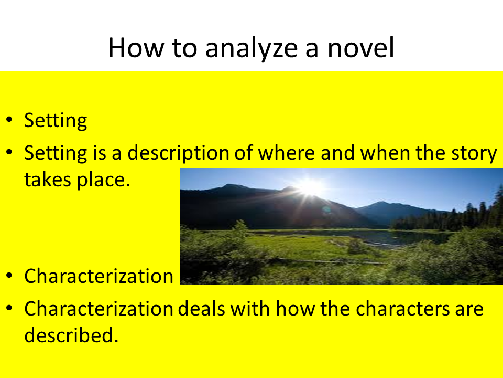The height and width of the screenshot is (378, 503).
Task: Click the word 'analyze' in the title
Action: coord(251,49)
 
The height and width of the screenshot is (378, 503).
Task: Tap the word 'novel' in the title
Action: coord(360,48)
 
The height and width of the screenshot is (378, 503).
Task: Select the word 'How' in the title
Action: coord(136,48)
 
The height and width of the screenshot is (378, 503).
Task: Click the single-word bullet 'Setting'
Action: coord(56,121)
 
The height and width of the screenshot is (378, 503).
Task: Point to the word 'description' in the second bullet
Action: coord(178,153)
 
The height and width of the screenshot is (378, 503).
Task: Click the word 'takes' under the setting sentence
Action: coord(48,180)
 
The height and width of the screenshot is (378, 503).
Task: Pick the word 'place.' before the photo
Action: coord(103,181)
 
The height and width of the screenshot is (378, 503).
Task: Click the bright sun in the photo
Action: coord(310,187)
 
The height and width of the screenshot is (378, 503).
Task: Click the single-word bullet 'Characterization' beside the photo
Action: coord(99,276)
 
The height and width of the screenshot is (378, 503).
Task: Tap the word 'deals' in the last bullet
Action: coord(201,309)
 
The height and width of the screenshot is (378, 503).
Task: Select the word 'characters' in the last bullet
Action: coord(402,309)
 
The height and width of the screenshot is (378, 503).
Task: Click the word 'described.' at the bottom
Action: coord(72,335)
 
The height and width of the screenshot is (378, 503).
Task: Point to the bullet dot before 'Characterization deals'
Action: coord(9,308)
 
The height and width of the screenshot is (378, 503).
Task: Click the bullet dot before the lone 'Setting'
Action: coord(9,120)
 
